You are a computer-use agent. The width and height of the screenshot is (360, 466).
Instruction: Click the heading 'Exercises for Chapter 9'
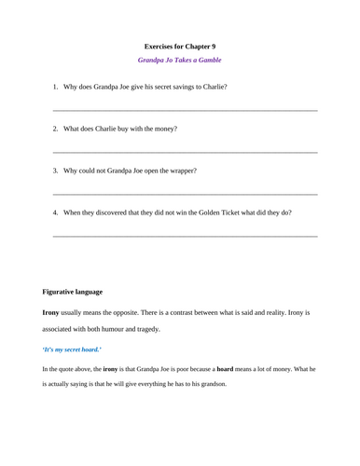point(180,46)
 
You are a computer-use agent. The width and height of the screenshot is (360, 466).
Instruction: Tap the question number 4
point(55,212)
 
